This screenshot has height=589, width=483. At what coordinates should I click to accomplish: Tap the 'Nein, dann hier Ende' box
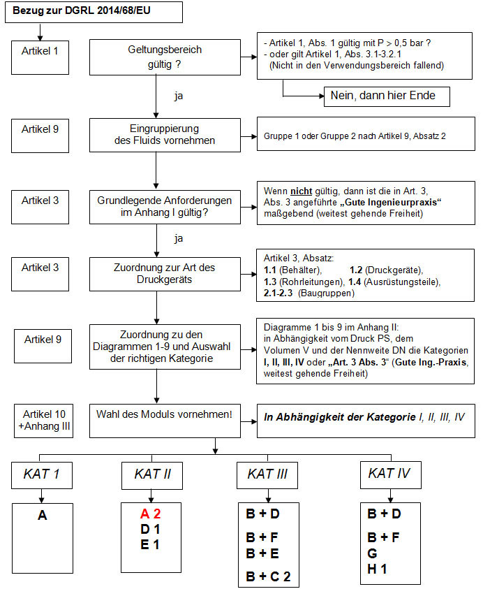[385, 96]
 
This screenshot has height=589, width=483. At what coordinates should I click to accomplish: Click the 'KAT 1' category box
[41, 474]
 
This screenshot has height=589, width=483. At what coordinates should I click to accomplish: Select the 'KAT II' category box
[152, 474]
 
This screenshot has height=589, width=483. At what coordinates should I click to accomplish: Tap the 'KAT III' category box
[267, 474]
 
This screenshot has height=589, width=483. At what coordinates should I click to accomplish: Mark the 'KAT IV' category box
[389, 473]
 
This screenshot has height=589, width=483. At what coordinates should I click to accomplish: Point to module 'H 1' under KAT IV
[378, 569]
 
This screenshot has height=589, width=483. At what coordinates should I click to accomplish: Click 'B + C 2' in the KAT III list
[267, 576]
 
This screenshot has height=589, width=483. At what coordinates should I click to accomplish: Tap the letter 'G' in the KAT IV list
[372, 553]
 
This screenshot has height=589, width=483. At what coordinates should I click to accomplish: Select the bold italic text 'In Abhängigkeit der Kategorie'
[340, 416]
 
